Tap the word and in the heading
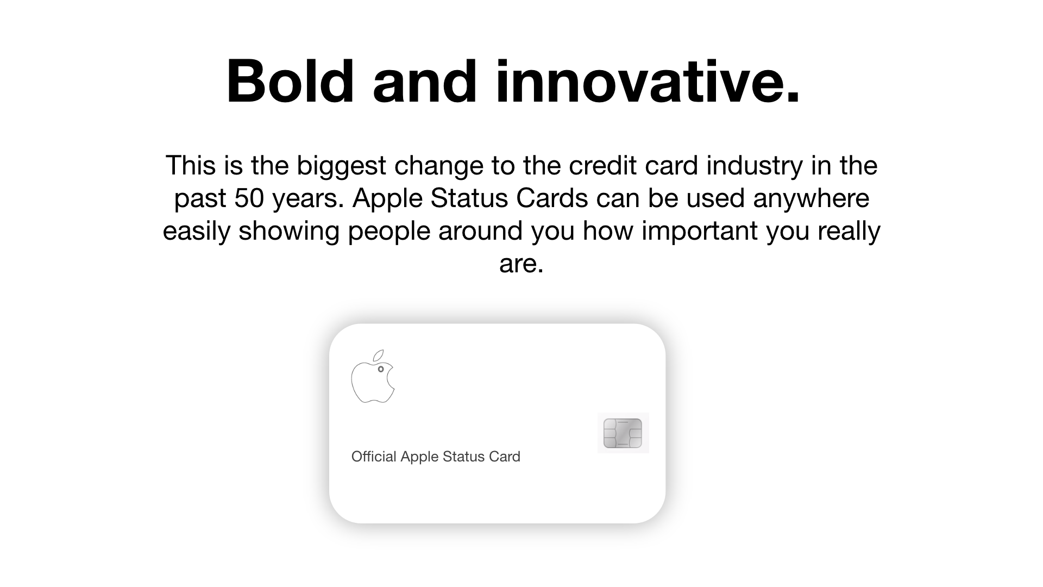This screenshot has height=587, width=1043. point(424,82)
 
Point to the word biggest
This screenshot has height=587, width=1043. point(341,166)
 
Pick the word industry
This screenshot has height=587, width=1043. point(754,166)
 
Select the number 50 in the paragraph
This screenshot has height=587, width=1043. point(249,198)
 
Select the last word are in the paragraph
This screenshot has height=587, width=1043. point(521,264)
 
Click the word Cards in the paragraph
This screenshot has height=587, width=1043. point(552,198)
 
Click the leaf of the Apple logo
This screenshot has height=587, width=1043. point(378,356)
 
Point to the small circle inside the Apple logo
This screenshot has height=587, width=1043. point(381,369)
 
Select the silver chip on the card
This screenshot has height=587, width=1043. point(623,433)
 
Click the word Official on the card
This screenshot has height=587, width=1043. point(374,457)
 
